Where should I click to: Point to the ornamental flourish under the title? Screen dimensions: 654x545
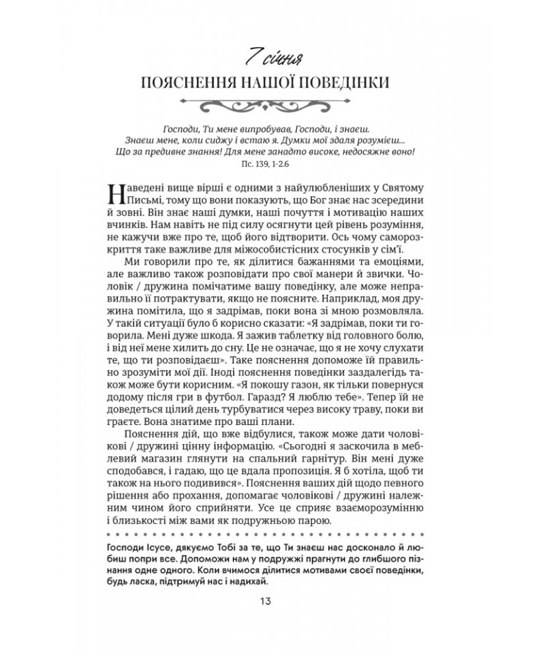272,104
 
